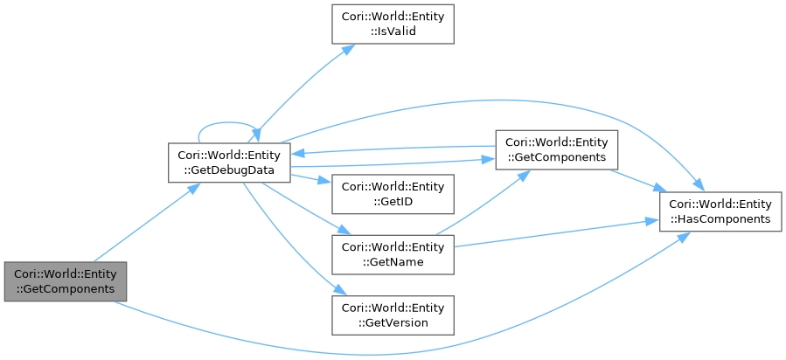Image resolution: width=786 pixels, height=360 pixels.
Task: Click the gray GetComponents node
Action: (66, 281)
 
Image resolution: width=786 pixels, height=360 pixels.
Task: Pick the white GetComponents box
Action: (556, 149)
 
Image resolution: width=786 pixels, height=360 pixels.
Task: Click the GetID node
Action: (392, 195)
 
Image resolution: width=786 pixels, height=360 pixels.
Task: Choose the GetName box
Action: (392, 253)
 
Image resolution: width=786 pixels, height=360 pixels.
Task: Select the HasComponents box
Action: (720, 211)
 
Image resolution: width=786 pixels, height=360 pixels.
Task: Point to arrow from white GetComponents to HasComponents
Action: (637, 180)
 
